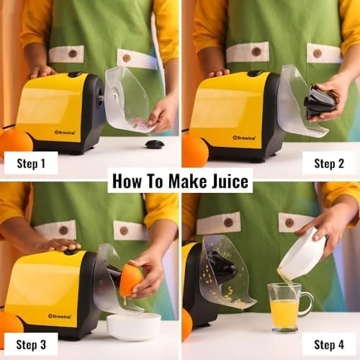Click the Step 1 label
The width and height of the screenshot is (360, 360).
coord(31,163)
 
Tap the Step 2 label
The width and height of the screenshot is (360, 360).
coord(329,163)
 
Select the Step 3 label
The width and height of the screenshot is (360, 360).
coord(31,343)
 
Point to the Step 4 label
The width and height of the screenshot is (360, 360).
coord(329,343)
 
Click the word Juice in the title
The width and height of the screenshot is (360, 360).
coord(222,180)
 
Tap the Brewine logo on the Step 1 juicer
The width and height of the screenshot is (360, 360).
coord(64,132)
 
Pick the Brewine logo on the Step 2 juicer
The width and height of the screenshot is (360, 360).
coord(243,137)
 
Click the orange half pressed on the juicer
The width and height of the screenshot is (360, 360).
coord(130,279)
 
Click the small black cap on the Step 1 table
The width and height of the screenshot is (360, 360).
coord(154,144)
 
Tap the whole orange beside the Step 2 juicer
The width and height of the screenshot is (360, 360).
coord(194,150)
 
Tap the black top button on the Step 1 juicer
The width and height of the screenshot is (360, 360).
coord(74,74)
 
